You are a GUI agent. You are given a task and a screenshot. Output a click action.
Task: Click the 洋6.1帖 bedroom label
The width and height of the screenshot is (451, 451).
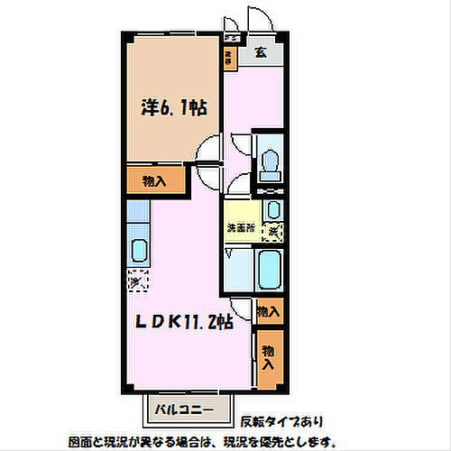(172, 107)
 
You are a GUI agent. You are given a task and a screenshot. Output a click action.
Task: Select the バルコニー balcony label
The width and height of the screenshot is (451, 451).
(175, 410)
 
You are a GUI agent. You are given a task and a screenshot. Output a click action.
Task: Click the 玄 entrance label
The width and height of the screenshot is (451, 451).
(260, 51)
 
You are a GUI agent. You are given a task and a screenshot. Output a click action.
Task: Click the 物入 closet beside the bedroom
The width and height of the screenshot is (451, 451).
(155, 180)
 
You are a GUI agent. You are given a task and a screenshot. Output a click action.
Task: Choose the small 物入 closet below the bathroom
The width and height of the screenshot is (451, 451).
(268, 311)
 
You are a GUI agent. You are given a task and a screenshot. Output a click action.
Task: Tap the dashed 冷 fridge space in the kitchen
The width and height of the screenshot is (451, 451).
(135, 282)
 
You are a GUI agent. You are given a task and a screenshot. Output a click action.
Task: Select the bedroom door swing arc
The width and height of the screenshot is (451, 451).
(208, 149)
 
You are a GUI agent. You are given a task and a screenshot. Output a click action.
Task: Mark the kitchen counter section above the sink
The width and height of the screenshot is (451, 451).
(138, 213)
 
